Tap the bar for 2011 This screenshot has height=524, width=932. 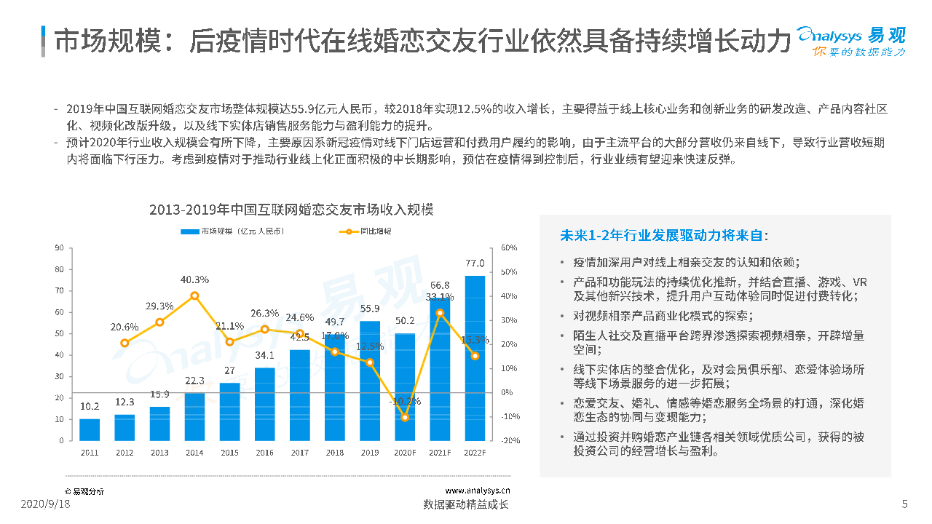click(x=90, y=429)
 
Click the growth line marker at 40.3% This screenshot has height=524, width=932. click(x=194, y=295)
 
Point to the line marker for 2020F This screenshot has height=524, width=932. click(x=405, y=417)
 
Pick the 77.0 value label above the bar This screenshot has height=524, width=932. click(x=475, y=263)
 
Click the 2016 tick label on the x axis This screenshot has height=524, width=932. click(x=264, y=453)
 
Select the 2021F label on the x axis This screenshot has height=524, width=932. click(x=439, y=453)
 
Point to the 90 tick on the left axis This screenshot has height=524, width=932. click(x=59, y=248)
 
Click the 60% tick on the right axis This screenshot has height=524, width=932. click(x=509, y=248)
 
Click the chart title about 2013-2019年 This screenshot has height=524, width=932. click(x=291, y=210)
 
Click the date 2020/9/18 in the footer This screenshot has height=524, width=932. click(x=45, y=504)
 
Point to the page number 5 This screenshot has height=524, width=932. click(x=904, y=504)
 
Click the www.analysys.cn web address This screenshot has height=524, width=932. click(x=478, y=491)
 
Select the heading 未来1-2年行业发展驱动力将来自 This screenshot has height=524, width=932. click(x=663, y=235)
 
